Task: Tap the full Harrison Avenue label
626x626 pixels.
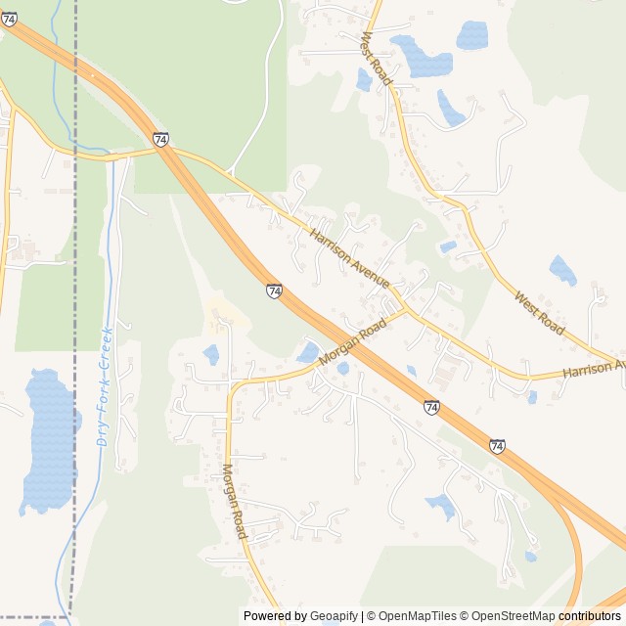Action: (350, 259)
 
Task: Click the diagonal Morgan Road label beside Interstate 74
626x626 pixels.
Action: (347, 348)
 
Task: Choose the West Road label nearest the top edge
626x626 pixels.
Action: (377, 57)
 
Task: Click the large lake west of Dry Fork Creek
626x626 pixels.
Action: (49, 440)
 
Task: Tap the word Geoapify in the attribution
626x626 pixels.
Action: (335, 616)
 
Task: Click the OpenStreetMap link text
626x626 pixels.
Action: (508, 616)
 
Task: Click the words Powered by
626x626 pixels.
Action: (275, 616)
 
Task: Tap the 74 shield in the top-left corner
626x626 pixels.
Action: (9, 19)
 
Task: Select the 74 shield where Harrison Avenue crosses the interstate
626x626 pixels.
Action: (161, 140)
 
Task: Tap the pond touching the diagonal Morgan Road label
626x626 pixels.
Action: (309, 352)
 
